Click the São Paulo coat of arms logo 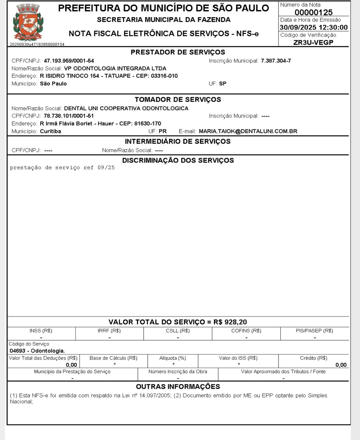tap(28, 23)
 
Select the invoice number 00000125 tap(313, 13)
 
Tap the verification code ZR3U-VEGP tap(313, 43)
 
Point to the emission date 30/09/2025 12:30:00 tap(313, 27)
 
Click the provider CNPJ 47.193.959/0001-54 tap(69, 61)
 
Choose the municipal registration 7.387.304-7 tap(276, 61)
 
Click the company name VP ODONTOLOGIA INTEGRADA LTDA tap(115, 68)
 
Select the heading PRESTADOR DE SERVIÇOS tap(178, 52)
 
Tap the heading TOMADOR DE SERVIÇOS tap(178, 100)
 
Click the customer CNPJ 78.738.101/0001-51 tap(69, 116)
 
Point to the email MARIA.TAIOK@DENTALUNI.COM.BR tap(248, 131)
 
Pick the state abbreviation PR tap(162, 131)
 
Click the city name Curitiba tap(50, 131)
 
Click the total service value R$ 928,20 tap(230, 322)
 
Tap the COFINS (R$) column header tap(246, 331)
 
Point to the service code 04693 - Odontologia tap(37, 351)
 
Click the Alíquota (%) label tap(172, 358)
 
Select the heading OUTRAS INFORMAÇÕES tap(178, 387)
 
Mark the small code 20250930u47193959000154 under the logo tap(37, 44)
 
